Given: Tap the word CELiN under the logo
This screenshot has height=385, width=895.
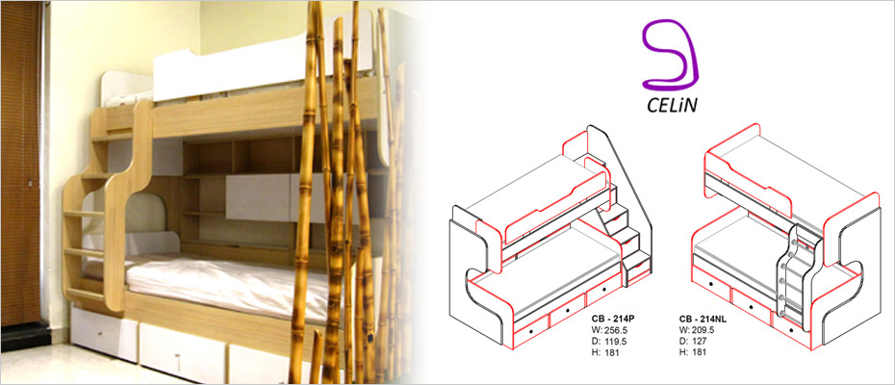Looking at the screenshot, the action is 672,106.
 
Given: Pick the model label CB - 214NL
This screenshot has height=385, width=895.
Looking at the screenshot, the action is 703,319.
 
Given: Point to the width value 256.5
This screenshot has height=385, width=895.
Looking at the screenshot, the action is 616,330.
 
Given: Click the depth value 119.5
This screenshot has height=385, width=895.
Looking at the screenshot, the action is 615,341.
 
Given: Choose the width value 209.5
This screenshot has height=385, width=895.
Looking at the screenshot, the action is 703,330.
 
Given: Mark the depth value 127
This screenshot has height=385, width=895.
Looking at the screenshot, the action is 699,341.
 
